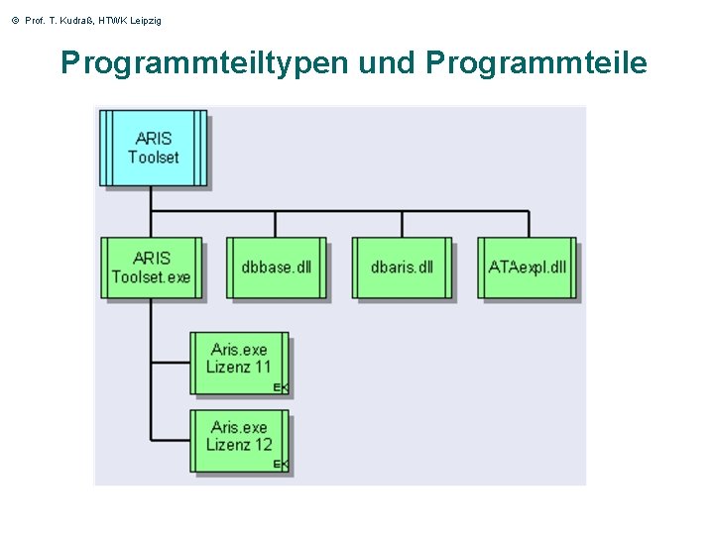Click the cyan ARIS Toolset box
153,148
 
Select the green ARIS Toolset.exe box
151,267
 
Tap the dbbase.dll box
276,267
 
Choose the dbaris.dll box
402,267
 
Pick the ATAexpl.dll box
528,267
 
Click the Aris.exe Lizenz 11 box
239,359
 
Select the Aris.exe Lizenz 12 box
239,437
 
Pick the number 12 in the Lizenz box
261,445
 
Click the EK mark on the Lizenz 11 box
281,387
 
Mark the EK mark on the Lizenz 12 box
281,464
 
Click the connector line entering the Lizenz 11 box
171,364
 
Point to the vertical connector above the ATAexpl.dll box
528,224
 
